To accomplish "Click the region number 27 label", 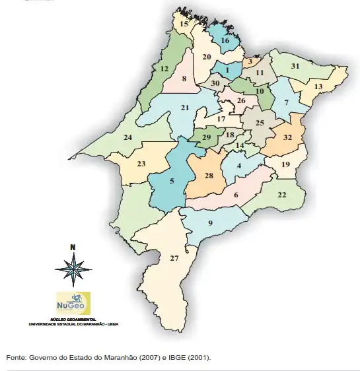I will click(x=174, y=258).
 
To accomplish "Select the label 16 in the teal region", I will click(x=225, y=41).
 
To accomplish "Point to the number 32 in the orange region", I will click(x=287, y=138).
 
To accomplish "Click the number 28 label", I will click(x=209, y=176).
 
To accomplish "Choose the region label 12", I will click(x=164, y=69).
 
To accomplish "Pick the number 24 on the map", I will click(x=128, y=137).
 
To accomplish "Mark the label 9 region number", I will click(x=211, y=223).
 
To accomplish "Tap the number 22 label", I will click(x=281, y=195).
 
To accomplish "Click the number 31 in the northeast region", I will click(x=295, y=66).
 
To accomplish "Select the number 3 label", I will click(x=250, y=61).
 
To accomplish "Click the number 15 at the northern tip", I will click(x=184, y=24).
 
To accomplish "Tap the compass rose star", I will click(x=73, y=269).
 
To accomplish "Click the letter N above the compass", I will click(x=73, y=248).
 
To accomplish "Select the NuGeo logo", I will click(x=73, y=304).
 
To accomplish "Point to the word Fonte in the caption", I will click(x=17, y=357).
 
